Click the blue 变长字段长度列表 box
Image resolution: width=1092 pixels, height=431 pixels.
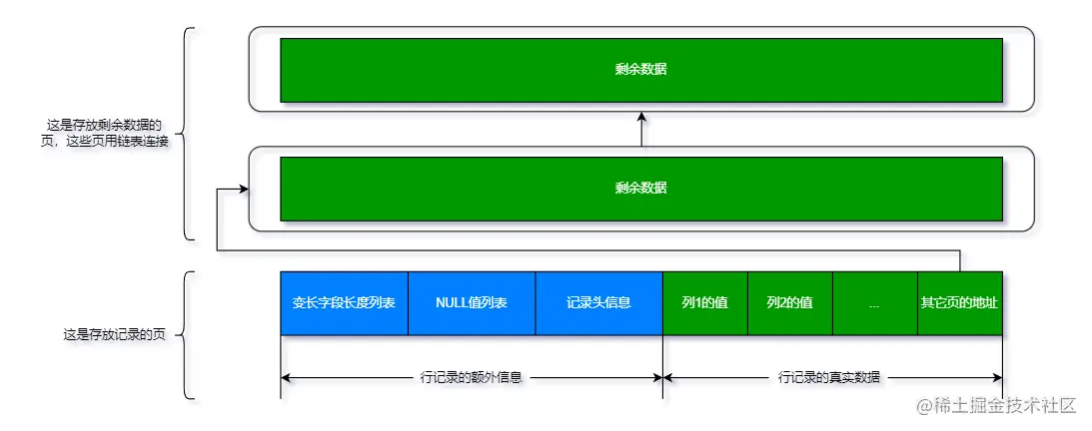pyautogui.click(x=344, y=302)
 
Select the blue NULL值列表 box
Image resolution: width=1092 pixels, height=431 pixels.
pyautogui.click(x=472, y=302)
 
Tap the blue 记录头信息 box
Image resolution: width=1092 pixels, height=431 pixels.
pyautogui.click(x=598, y=302)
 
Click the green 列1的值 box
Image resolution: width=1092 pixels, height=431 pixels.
pyautogui.click(x=704, y=302)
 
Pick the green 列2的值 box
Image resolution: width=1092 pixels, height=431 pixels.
pyautogui.click(x=789, y=302)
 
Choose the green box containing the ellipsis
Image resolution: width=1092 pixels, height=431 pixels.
pyautogui.click(x=874, y=302)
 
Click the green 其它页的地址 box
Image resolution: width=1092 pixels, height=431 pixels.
pyautogui.click(x=959, y=302)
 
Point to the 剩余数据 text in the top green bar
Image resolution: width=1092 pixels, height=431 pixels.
pyautogui.click(x=641, y=70)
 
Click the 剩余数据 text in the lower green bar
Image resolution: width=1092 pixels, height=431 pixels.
pyautogui.click(x=641, y=188)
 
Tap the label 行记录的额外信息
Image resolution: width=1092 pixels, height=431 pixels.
pyautogui.click(x=473, y=378)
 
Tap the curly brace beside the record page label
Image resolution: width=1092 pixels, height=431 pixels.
pyautogui.click(x=188, y=334)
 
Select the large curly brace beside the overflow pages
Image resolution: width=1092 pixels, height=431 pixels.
pyautogui.click(x=188, y=134)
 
